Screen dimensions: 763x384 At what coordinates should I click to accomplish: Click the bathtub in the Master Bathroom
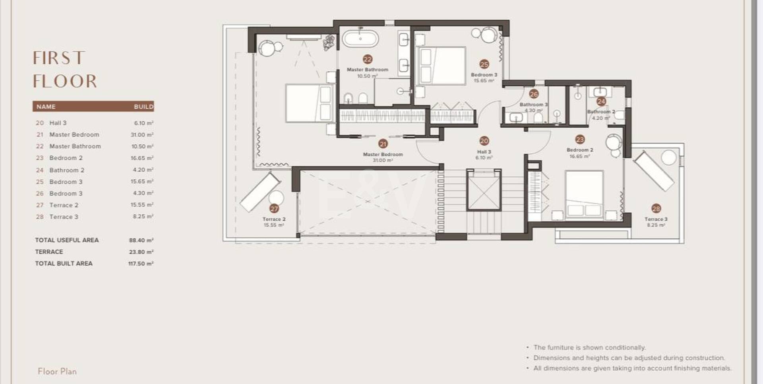point(360,39)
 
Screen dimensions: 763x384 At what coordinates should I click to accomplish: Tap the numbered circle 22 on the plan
point(368,59)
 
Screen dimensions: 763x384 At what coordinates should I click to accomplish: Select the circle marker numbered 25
point(484,64)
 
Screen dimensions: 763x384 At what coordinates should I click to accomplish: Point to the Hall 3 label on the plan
point(484,152)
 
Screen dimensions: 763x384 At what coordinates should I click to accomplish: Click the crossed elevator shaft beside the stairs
point(484,190)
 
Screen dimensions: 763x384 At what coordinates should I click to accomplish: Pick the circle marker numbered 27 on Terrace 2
point(274,208)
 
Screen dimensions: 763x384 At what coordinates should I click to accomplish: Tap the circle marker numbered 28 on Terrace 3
point(656,208)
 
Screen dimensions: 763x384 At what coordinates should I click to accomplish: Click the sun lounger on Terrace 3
point(653,171)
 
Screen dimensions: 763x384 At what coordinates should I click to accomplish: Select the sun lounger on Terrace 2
point(261,192)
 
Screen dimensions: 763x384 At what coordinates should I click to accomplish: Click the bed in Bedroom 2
point(584,195)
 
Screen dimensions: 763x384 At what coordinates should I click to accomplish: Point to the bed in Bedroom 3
point(442,66)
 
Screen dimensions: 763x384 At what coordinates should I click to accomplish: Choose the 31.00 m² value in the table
point(142,135)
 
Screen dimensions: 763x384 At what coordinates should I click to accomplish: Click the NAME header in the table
point(46,107)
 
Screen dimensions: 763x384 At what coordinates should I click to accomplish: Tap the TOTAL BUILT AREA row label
point(64,263)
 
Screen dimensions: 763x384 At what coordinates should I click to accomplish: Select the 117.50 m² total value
point(141,263)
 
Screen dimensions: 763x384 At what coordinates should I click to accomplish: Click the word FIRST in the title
point(59,58)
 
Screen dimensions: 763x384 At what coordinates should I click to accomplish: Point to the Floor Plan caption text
point(57,371)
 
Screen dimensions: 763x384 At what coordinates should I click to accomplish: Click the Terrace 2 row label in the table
point(64,205)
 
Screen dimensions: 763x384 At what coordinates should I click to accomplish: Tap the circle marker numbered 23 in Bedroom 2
point(580,139)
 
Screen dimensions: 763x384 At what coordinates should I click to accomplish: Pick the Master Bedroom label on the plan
point(383,154)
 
